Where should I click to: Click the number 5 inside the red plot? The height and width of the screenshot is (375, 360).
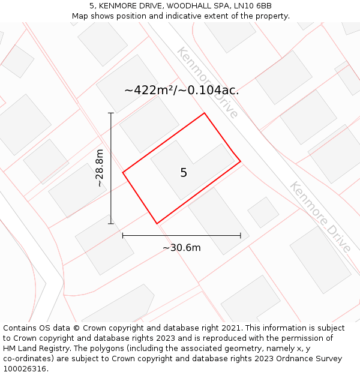click(x=184, y=173)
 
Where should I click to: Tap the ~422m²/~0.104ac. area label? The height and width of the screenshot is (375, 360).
click(x=181, y=91)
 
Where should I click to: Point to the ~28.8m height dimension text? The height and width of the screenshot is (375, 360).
click(x=100, y=168)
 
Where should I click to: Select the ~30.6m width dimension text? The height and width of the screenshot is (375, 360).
click(x=181, y=247)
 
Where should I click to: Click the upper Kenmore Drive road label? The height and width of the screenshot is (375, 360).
click(x=207, y=82)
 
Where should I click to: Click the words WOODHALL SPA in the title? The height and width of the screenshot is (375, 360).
click(x=190, y=6)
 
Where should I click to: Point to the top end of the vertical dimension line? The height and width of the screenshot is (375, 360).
click(x=111, y=113)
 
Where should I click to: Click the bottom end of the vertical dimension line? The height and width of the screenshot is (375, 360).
click(x=111, y=224)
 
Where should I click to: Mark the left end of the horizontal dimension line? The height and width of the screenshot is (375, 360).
click(x=123, y=236)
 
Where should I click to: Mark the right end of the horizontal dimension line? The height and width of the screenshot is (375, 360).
click(x=241, y=236)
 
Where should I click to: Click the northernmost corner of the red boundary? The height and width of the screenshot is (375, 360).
click(x=205, y=113)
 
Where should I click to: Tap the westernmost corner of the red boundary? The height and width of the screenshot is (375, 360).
click(x=123, y=173)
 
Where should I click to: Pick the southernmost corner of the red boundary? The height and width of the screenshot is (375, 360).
click(x=157, y=224)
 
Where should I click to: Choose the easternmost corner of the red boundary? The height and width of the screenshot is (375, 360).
click(x=241, y=161)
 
